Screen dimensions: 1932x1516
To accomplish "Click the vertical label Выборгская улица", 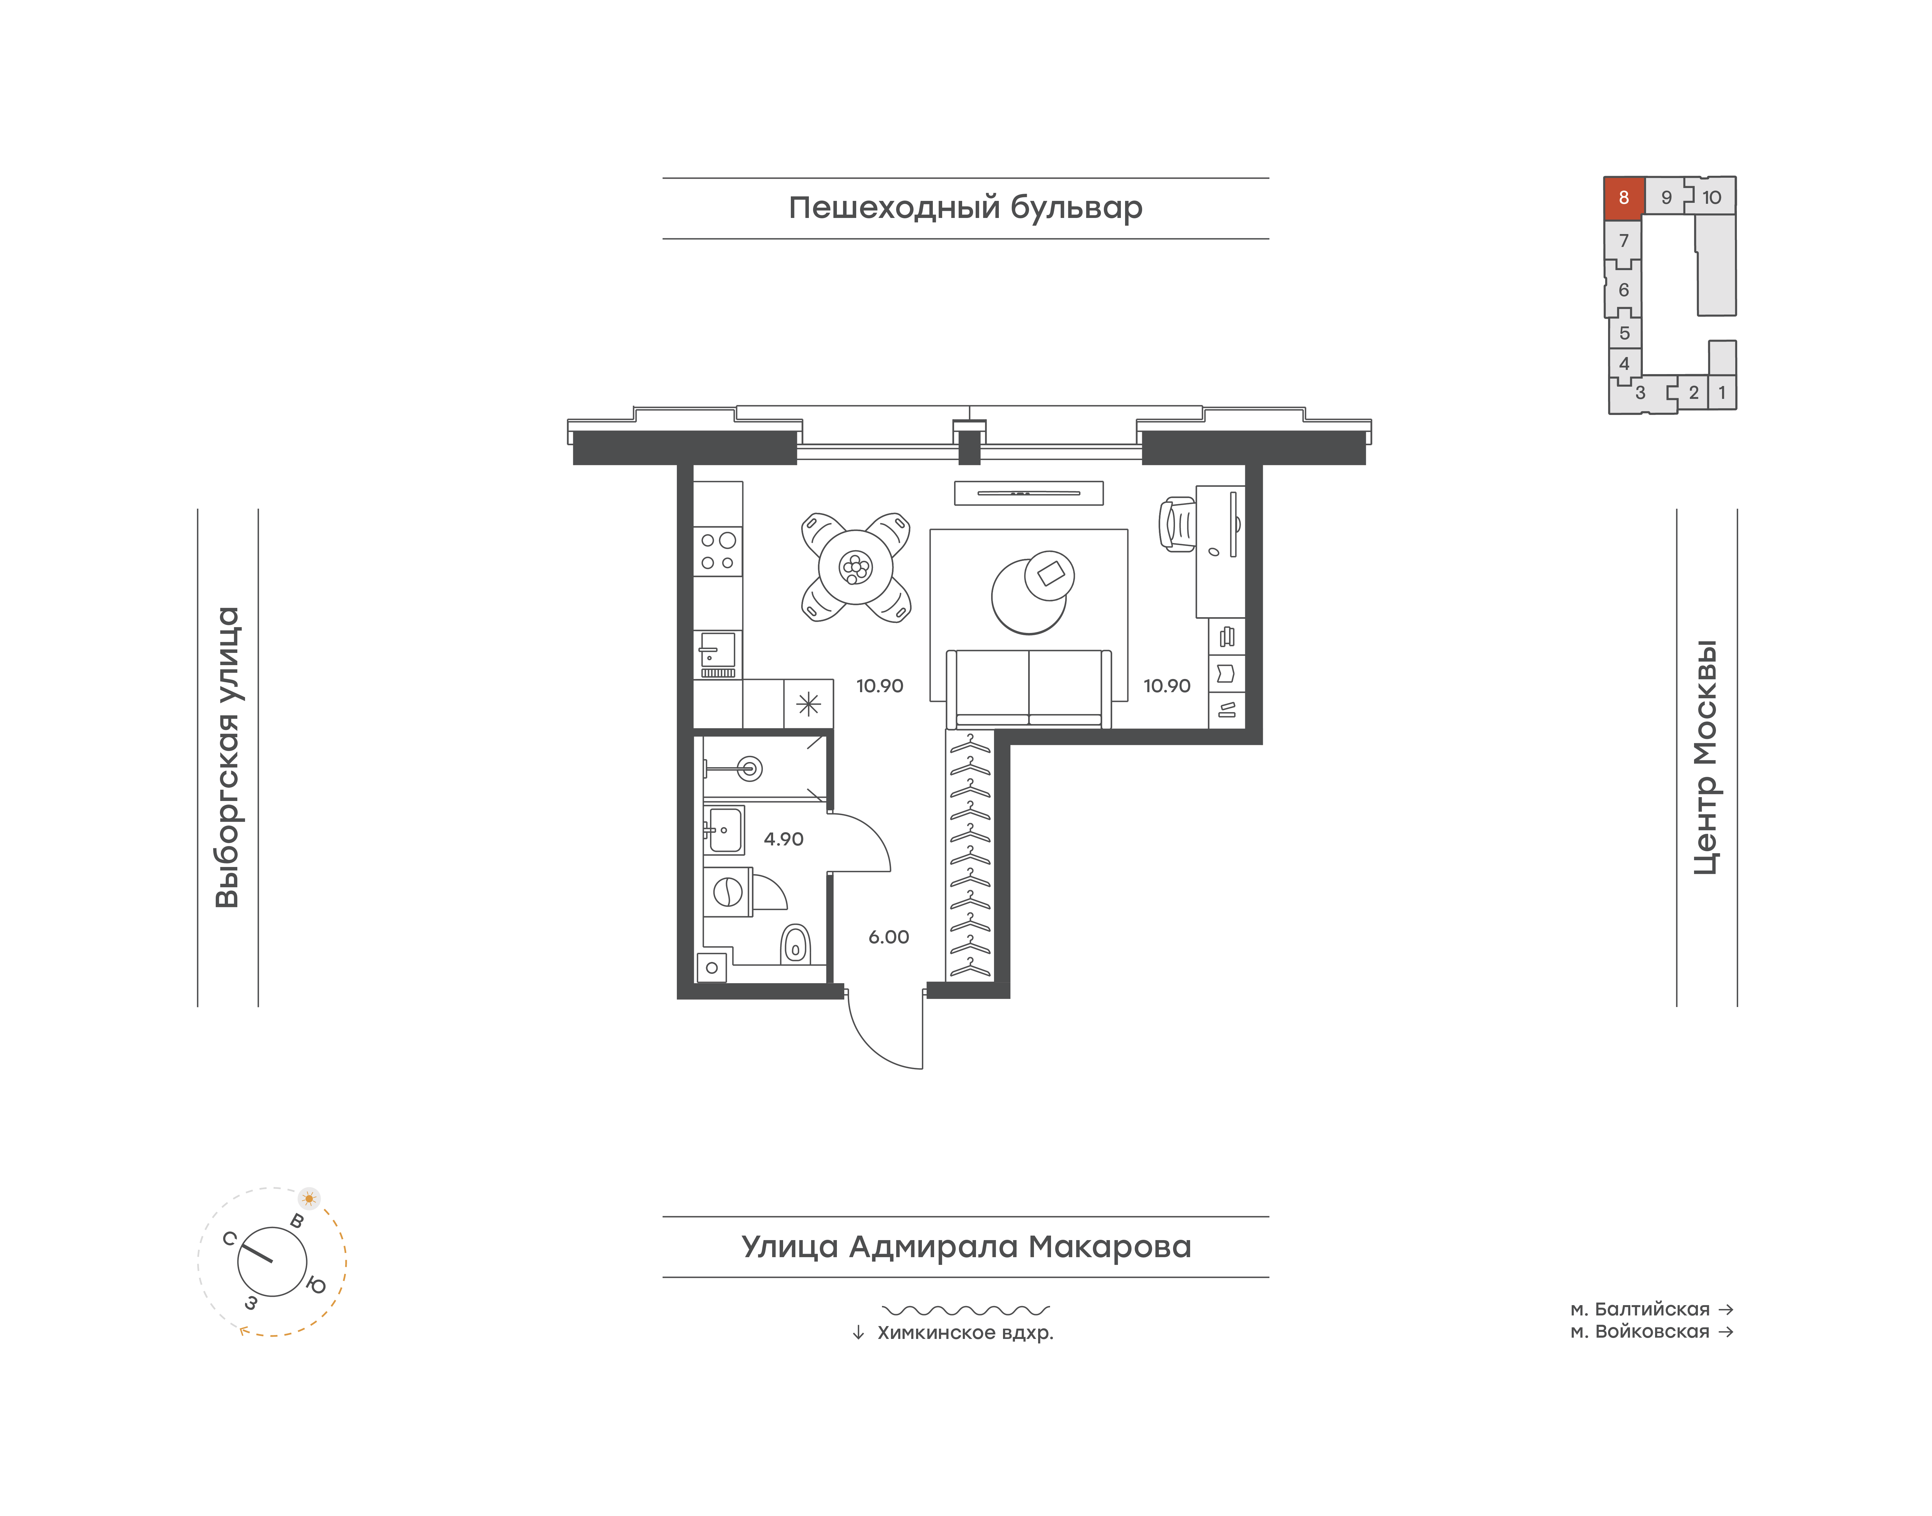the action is pos(228,757).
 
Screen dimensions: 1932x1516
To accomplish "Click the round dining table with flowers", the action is pos(856,566).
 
